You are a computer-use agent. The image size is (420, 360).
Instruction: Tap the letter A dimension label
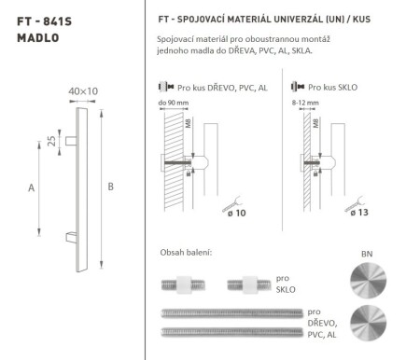click(x=32, y=187)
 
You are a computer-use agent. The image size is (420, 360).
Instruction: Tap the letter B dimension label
click(x=111, y=187)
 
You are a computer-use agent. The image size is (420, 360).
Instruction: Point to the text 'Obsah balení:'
click(x=187, y=254)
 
